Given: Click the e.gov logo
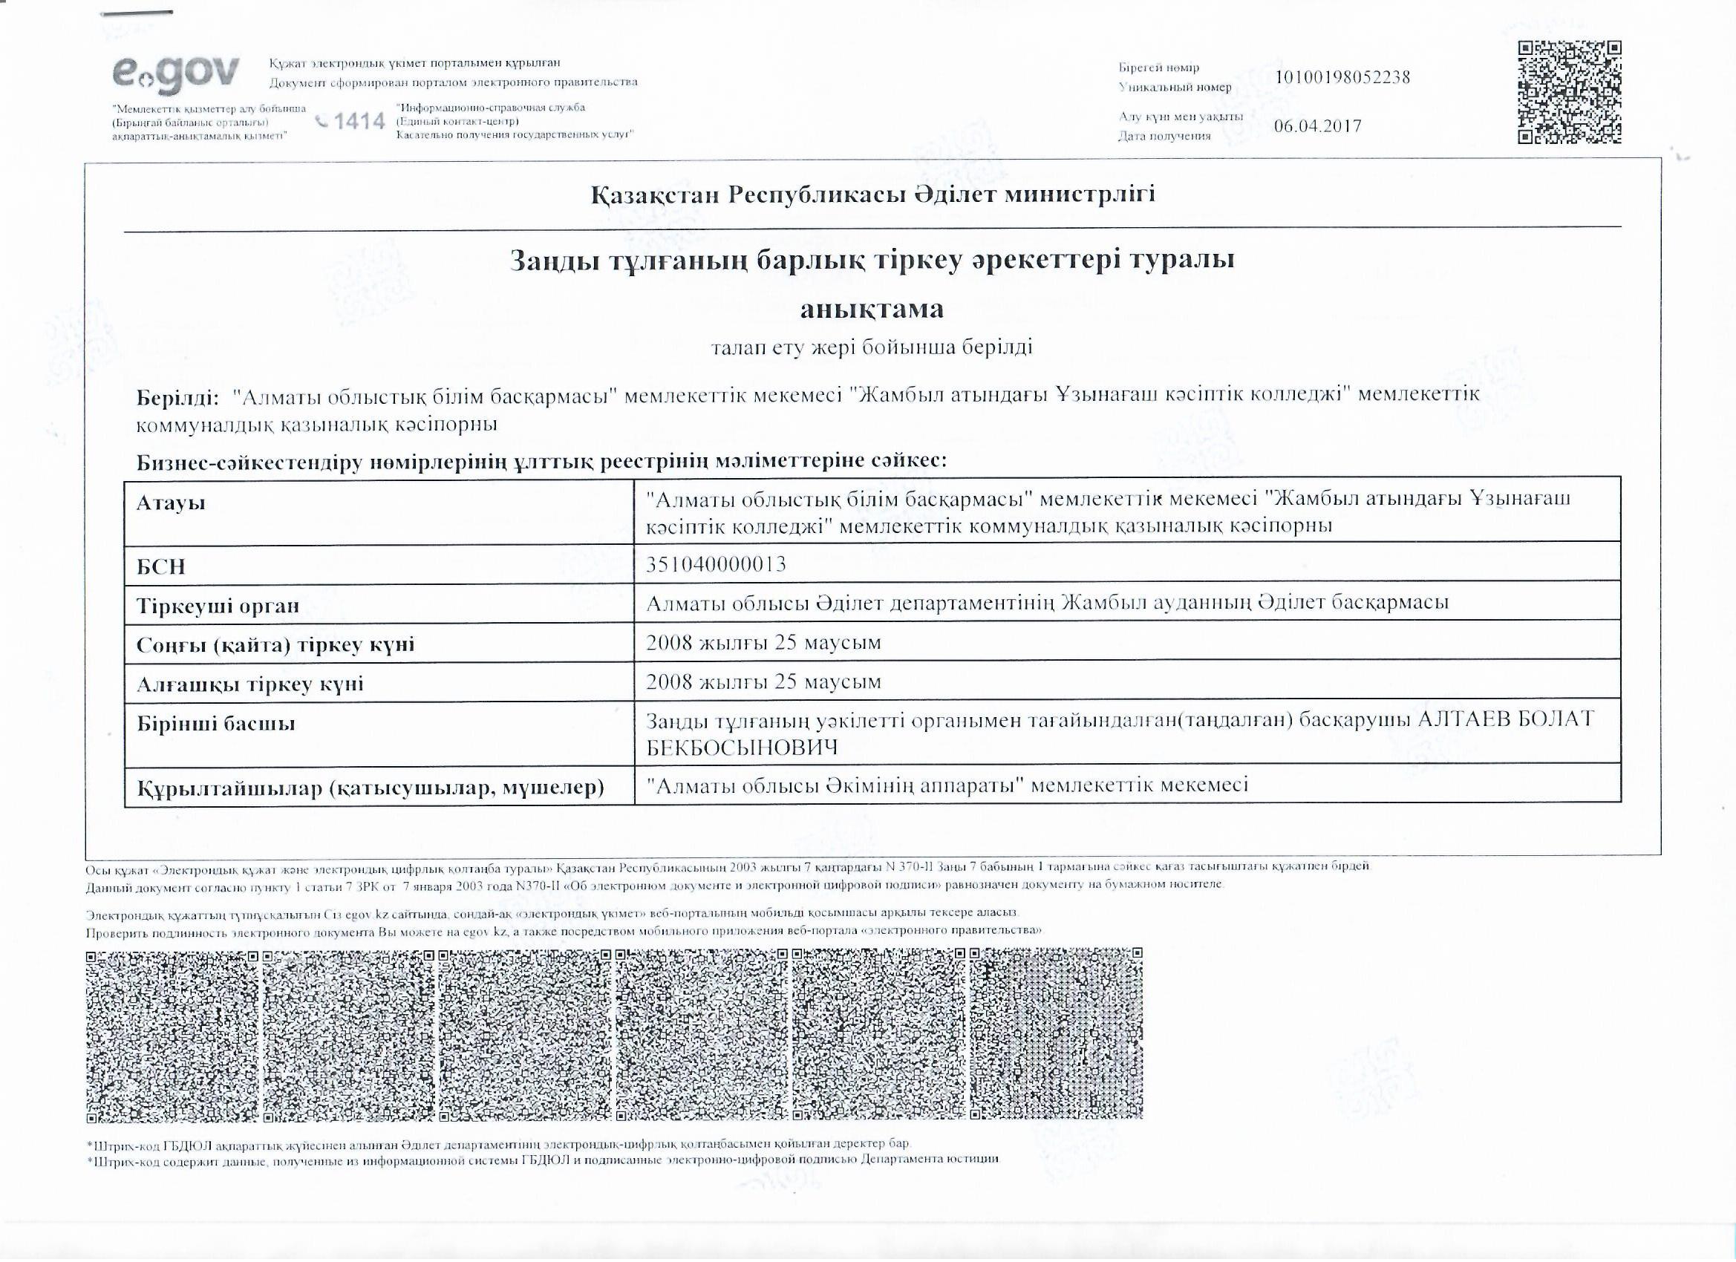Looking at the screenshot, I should [175, 75].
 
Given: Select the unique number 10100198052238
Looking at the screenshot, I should [1342, 77].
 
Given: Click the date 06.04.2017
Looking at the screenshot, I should [1317, 126].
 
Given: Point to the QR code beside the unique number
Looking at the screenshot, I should [1569, 92].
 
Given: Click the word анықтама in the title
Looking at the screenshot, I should [872, 308].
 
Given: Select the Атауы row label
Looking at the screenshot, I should [171, 503].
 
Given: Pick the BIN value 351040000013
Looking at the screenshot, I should [716, 564].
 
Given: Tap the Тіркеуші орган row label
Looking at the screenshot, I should [218, 606].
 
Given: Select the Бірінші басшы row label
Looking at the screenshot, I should [216, 723].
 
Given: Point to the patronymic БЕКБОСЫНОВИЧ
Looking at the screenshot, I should [742, 748].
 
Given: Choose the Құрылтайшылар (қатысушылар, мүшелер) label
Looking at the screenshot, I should [371, 788].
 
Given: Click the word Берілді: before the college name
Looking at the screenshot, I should [177, 397].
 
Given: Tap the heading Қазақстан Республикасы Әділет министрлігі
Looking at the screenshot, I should [872, 194].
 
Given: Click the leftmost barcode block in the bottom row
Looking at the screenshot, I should [172, 1036].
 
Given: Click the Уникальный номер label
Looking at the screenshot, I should [1175, 88].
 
